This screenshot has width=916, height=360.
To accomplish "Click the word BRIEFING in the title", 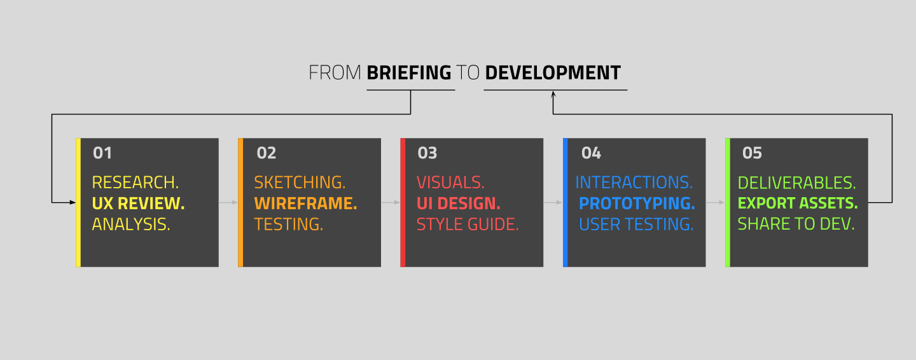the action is click(x=408, y=73).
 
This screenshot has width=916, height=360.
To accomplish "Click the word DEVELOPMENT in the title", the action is click(x=552, y=73).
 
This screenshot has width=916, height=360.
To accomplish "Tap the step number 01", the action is click(x=102, y=153).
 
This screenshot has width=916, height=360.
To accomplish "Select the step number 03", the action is click(x=427, y=153).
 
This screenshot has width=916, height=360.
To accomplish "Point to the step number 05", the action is click(x=752, y=153).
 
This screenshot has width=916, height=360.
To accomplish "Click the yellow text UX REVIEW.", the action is click(x=138, y=204).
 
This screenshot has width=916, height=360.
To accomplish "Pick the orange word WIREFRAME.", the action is click(x=305, y=204).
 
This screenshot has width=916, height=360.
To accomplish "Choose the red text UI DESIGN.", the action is click(x=459, y=204).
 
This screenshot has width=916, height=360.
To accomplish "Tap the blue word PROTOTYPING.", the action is click(x=637, y=204).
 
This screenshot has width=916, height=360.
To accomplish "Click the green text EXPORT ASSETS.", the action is click(x=798, y=204).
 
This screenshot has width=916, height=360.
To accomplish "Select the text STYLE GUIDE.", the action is click(x=468, y=224).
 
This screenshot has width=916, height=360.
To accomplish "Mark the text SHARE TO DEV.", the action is click(x=796, y=224).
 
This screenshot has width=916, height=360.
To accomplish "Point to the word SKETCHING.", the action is click(x=300, y=183).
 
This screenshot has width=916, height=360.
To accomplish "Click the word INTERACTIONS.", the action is click(x=634, y=183).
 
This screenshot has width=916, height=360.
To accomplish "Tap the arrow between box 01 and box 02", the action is click(x=228, y=202).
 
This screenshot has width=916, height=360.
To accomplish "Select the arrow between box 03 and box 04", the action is click(x=553, y=202).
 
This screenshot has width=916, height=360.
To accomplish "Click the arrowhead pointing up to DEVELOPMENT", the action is click(x=553, y=94).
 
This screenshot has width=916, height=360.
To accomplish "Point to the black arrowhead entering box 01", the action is click(x=73, y=202).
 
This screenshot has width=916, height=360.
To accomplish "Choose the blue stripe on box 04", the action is click(x=565, y=202).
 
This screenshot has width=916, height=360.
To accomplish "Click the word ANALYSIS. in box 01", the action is click(x=131, y=224).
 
